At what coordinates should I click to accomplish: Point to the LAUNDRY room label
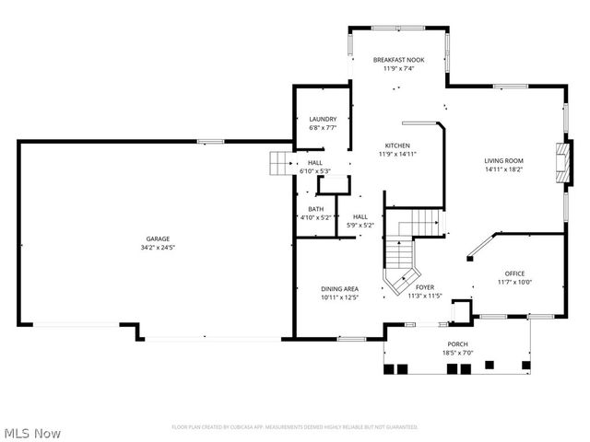(323, 119)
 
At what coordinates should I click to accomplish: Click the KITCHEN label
(397, 145)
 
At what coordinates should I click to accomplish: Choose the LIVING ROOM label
(503, 161)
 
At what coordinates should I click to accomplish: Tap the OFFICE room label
(513, 273)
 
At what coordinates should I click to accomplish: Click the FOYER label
(425, 287)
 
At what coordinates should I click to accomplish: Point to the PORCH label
(457, 344)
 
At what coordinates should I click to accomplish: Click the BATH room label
(315, 209)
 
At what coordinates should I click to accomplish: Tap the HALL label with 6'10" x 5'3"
(315, 162)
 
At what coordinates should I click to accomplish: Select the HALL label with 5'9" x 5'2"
(360, 216)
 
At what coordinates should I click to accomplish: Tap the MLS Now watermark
(32, 433)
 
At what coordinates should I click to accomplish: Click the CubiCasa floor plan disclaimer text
(295, 427)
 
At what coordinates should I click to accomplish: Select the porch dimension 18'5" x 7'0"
(457, 353)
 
